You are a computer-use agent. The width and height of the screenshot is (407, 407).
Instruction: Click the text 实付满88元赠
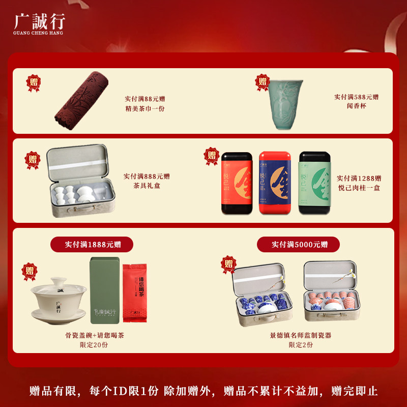click(144, 99)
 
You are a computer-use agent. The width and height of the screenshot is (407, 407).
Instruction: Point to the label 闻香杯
click(356, 106)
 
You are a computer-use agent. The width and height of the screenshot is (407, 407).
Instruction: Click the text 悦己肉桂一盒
click(359, 188)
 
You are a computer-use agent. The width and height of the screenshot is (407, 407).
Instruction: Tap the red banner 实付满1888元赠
click(92, 245)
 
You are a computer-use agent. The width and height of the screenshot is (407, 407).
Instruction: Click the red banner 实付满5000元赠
click(299, 245)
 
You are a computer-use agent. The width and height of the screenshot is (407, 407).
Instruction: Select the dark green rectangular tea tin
click(105, 290)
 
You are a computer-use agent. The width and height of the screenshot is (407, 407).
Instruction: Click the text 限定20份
click(94, 345)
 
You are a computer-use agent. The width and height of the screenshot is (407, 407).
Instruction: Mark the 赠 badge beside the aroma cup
click(263, 81)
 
